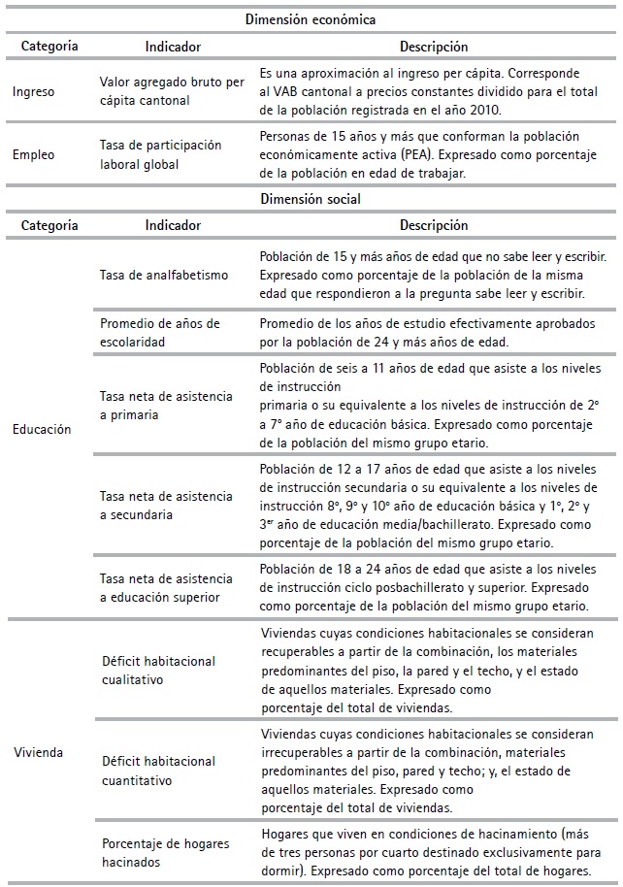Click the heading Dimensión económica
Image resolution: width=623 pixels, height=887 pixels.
point(311,18)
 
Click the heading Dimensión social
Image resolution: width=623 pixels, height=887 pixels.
point(311,199)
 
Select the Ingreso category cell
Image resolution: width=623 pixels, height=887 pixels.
point(34,92)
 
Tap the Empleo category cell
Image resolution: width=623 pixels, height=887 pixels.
point(35,153)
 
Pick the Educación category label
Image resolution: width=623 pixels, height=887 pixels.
point(43,428)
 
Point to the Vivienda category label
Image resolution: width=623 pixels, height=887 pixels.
point(40,752)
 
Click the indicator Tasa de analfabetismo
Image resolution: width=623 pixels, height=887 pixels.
point(164,275)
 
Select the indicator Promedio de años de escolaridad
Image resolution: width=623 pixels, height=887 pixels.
point(160,332)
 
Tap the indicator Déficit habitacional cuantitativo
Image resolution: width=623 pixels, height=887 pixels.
point(158,770)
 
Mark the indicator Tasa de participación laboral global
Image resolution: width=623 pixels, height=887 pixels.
point(160,153)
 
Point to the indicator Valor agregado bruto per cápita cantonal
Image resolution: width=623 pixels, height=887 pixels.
point(172,92)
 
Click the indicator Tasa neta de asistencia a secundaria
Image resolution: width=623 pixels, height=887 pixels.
point(165,506)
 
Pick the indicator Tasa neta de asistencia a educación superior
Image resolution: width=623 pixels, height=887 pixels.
point(165,588)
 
